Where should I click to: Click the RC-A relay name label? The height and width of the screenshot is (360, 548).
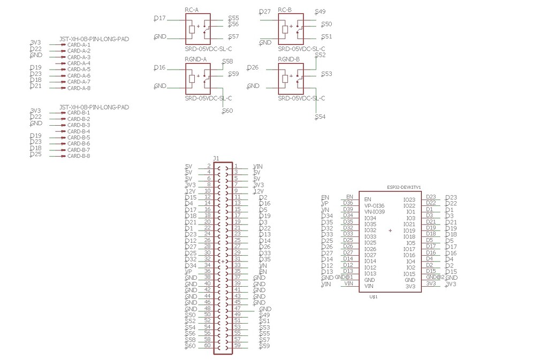pyautogui.click(x=192, y=10)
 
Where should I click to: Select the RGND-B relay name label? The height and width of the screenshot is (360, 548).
pyautogui.click(x=288, y=59)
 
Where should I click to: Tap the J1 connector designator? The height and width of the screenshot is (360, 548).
pyautogui.click(x=216, y=158)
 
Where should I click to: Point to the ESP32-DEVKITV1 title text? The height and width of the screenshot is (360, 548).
pyautogui.click(x=404, y=187)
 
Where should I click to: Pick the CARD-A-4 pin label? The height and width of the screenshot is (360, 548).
pyautogui.click(x=79, y=63)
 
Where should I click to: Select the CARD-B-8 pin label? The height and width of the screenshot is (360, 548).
pyautogui.click(x=79, y=156)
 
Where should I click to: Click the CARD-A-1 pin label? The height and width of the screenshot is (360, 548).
pyautogui.click(x=79, y=44)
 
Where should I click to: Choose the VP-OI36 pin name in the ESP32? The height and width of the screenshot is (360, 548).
pyautogui.click(x=374, y=205)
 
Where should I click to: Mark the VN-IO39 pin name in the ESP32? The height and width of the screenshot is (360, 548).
pyautogui.click(x=374, y=212)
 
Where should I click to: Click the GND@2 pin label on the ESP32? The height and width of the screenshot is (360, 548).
pyautogui.click(x=435, y=277)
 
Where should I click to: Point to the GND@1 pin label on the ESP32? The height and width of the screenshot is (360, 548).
pyautogui.click(x=344, y=277)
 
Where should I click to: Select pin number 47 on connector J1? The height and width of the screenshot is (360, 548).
pyautogui.click(x=237, y=309)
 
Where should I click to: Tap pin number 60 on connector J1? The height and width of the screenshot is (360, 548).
pyautogui.click(x=207, y=346)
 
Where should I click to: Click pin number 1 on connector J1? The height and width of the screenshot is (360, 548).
pyautogui.click(x=236, y=166)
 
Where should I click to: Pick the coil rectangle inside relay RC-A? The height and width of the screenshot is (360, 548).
pyautogui.click(x=192, y=29)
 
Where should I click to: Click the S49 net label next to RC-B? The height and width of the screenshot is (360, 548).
pyautogui.click(x=321, y=12)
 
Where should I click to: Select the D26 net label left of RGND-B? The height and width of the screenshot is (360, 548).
pyautogui.click(x=253, y=67)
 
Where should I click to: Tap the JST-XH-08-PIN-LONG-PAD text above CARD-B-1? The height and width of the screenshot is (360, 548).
pyautogui.click(x=94, y=108)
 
